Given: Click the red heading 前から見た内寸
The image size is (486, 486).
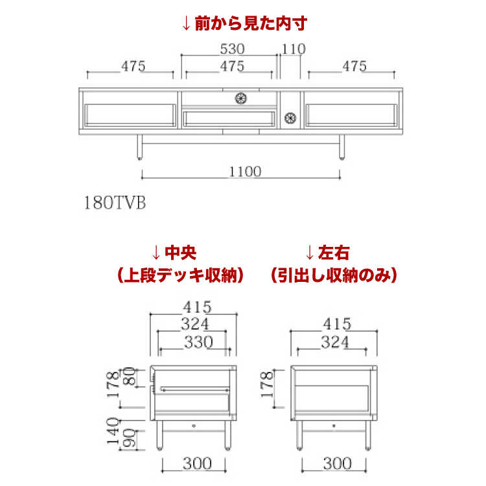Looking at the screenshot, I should point(243,24).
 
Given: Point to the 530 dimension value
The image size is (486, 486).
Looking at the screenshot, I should point(231,49).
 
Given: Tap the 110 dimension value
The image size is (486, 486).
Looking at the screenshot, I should point(294,49).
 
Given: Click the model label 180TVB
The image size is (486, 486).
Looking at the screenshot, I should point(115,202).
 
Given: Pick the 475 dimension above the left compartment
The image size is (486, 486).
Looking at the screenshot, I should point(133,66).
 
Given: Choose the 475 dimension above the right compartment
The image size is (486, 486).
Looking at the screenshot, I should point(354,66).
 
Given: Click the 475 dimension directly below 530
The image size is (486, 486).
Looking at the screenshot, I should point(231,66).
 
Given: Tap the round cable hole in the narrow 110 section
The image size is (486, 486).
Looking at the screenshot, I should point(290,117).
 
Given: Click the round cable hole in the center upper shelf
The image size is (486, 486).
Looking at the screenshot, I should point(241,98).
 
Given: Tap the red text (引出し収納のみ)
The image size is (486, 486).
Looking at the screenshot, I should point(333,275).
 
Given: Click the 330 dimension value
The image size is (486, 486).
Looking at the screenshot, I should point(197,343).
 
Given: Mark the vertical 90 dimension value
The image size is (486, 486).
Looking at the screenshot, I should point(130,438).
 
